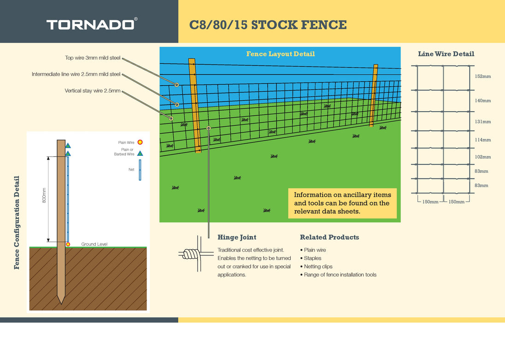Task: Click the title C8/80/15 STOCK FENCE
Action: (268, 25)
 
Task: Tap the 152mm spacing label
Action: (482, 76)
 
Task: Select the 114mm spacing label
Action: (482, 140)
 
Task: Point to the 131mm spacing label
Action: (482, 122)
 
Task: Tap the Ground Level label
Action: (94, 244)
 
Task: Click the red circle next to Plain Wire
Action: (140, 142)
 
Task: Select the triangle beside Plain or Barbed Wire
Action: (140, 153)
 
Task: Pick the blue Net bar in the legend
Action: (140, 172)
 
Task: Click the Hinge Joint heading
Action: (237, 237)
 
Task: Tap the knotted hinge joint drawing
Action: (191, 254)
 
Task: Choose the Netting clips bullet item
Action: (318, 266)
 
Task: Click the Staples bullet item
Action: (312, 258)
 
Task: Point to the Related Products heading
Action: (329, 237)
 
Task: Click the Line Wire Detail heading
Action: (446, 54)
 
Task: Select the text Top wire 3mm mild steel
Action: (93, 58)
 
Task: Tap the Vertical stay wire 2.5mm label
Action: (92, 91)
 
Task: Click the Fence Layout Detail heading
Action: (280, 54)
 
